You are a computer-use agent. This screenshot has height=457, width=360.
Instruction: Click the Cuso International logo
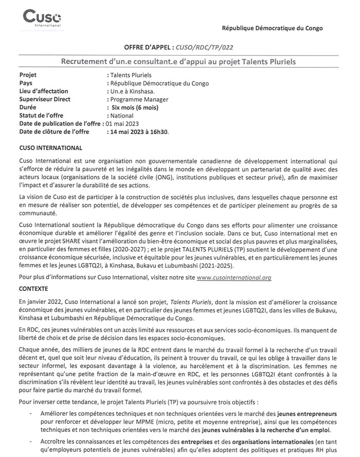coord(42,19)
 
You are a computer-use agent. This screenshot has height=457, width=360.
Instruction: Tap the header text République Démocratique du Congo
coord(272,28)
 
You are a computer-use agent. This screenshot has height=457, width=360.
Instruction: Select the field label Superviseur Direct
coord(45,99)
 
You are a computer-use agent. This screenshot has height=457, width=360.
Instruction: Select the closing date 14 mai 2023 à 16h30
coord(139,132)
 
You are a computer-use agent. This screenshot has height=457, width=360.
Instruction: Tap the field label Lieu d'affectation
coord(44,91)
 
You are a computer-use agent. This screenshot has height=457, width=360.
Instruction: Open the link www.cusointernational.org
coord(234,277)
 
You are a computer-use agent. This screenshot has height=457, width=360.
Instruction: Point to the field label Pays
coord(26,83)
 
